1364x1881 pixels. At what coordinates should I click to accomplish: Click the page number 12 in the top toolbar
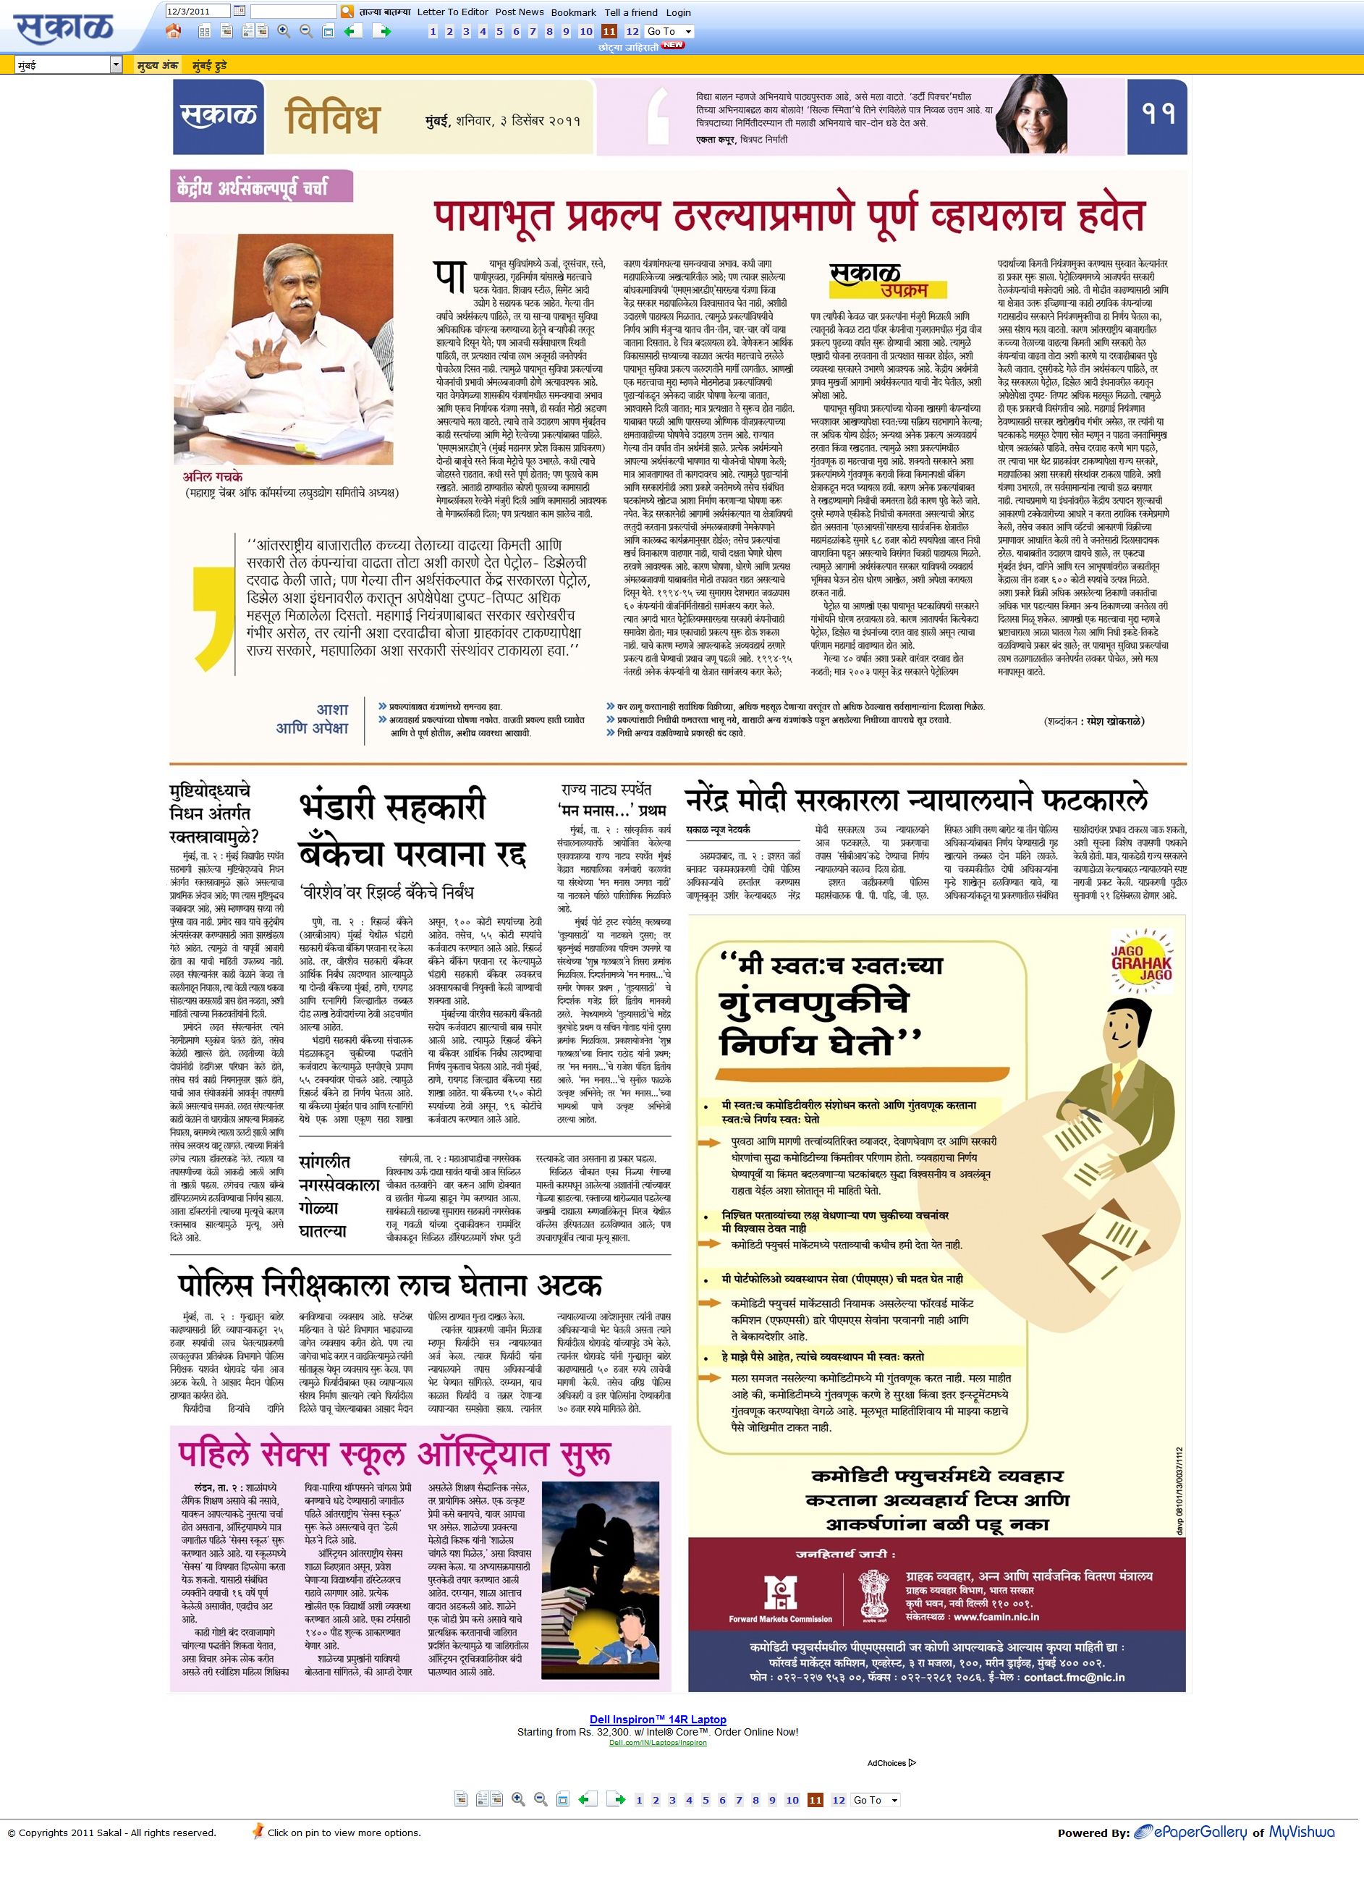pyautogui.click(x=632, y=32)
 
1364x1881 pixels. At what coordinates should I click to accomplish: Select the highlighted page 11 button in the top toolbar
pyautogui.click(x=609, y=32)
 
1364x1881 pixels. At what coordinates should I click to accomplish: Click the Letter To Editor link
pyautogui.click(x=452, y=12)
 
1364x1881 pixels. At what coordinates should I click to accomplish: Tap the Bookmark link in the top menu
pyautogui.click(x=573, y=12)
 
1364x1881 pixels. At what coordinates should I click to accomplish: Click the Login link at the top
pyautogui.click(x=677, y=12)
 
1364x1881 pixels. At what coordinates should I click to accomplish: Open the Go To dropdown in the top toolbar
pyautogui.click(x=669, y=32)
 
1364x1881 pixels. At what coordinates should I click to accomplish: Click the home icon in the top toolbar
pyautogui.click(x=173, y=32)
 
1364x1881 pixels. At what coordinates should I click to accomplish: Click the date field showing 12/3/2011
pyautogui.click(x=198, y=12)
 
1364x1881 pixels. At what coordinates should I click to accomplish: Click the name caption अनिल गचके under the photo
pyautogui.click(x=213, y=477)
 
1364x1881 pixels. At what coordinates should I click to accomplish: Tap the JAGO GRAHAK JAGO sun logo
pyautogui.click(x=1142, y=963)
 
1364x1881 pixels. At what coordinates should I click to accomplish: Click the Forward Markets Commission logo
pyautogui.click(x=780, y=1597)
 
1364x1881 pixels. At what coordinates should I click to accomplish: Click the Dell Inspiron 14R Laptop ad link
pyautogui.click(x=658, y=1720)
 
